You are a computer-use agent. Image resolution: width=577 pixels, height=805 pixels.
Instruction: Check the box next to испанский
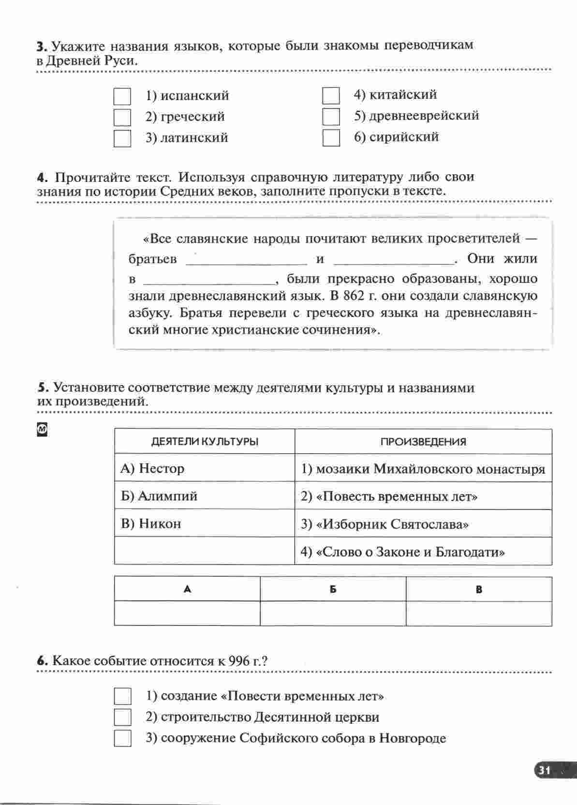(x=122, y=96)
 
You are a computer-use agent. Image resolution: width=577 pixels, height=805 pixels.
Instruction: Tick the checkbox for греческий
(x=122, y=117)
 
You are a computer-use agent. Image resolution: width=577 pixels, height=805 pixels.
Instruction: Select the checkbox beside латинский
(x=122, y=138)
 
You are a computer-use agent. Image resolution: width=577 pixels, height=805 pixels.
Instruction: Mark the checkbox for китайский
(x=331, y=95)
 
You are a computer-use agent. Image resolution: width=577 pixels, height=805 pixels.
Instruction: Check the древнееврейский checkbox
(x=331, y=117)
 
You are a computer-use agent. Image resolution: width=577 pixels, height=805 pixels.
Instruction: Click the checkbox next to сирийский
(x=331, y=138)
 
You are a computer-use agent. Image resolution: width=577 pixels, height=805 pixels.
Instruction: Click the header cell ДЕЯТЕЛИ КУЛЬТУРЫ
(x=205, y=442)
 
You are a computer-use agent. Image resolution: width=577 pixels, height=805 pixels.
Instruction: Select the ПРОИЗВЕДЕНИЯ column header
(x=423, y=442)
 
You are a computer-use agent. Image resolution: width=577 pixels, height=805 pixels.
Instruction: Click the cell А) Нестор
(x=205, y=468)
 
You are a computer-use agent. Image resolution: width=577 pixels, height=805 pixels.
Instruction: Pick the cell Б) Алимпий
(x=205, y=496)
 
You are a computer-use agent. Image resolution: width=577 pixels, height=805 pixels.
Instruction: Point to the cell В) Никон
(x=205, y=523)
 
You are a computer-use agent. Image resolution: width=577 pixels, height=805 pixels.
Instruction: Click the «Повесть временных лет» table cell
(x=423, y=496)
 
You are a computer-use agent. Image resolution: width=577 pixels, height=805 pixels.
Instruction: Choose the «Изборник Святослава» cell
(x=423, y=524)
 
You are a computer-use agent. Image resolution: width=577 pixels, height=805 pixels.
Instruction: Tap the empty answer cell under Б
(x=333, y=613)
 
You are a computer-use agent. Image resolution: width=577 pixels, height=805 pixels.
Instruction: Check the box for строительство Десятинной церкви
(x=122, y=717)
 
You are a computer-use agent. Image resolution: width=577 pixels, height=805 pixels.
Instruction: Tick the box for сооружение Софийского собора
(x=122, y=739)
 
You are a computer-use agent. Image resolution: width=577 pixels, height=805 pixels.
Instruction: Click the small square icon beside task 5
(x=42, y=429)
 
